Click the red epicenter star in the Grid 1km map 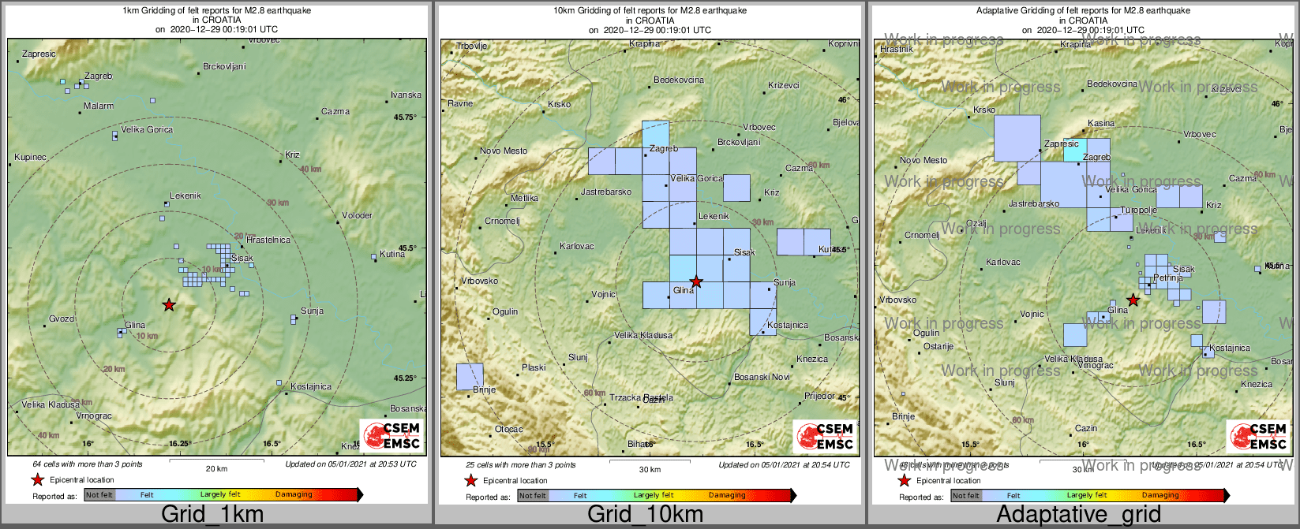click(x=169, y=304)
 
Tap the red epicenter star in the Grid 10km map click(x=696, y=281)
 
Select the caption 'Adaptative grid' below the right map click(x=1078, y=514)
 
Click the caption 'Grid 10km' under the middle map click(x=645, y=514)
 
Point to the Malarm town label click(x=99, y=106)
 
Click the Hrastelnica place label click(x=268, y=240)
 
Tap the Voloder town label click(x=358, y=215)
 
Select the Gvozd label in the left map click(x=62, y=319)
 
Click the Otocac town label click(x=508, y=429)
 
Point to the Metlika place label click(x=524, y=198)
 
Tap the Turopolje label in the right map click(x=1139, y=210)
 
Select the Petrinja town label click(x=1168, y=278)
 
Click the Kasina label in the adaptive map click(x=1101, y=123)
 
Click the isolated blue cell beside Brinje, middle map click(x=470, y=376)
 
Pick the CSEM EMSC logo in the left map click(x=392, y=436)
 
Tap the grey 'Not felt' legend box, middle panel click(x=533, y=495)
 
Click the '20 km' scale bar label click(x=216, y=468)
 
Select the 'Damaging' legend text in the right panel click(x=1160, y=495)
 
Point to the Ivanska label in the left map click(x=406, y=95)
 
